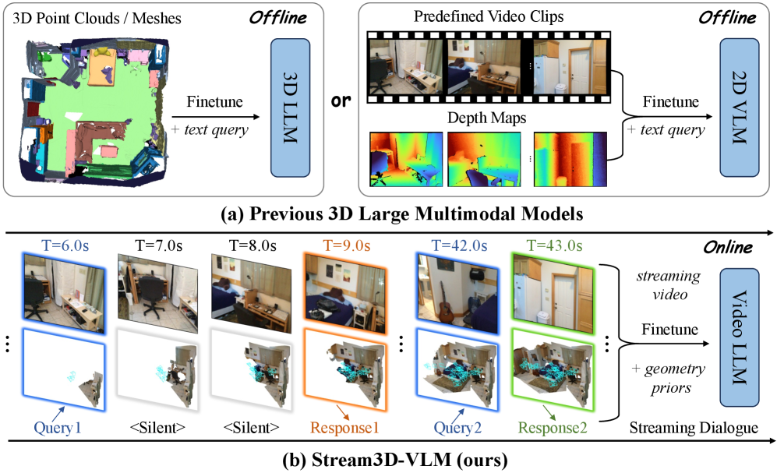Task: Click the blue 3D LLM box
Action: (291, 108)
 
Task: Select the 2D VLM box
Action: (740, 108)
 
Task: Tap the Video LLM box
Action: (740, 337)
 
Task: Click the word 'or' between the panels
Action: (341, 101)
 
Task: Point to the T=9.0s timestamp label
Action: (346, 245)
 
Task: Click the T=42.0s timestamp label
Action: (459, 245)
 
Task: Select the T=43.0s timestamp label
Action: (555, 245)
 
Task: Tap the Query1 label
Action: (58, 428)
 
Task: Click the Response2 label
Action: (553, 428)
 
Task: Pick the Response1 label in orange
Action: (344, 428)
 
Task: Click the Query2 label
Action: (457, 428)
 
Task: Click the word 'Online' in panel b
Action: (728, 247)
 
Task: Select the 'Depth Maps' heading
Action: (486, 118)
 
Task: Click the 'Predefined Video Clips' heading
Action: (489, 16)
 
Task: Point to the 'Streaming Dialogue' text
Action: (694, 428)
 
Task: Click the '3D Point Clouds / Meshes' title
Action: (97, 19)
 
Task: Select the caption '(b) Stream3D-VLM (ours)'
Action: (395, 460)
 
